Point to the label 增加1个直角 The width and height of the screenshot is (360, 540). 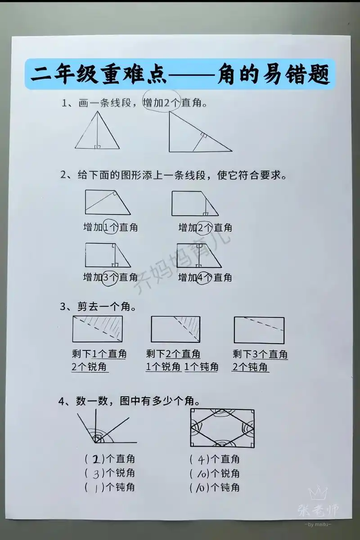(x=111, y=227)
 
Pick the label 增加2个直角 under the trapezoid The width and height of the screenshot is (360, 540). (x=205, y=227)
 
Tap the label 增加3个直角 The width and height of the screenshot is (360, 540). (x=111, y=277)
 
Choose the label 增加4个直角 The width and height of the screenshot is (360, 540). (x=205, y=277)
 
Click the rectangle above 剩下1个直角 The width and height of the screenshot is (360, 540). (x=97, y=329)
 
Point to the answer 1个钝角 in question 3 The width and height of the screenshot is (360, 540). (x=202, y=367)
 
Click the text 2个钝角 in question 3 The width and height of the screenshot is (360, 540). (x=251, y=367)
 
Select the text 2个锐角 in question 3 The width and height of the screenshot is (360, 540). (x=90, y=367)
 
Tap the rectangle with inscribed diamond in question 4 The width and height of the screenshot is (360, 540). (x=222, y=428)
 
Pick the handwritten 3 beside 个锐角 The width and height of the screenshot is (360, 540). (x=95, y=474)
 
